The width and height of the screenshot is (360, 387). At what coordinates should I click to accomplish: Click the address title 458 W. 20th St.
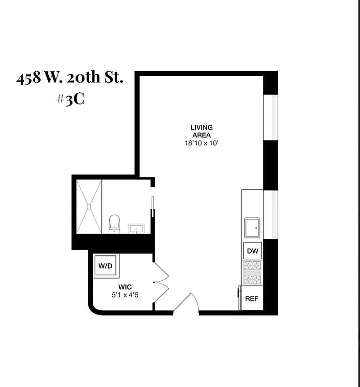pos(70,78)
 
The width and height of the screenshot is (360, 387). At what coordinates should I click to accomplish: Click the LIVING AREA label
pos(202,131)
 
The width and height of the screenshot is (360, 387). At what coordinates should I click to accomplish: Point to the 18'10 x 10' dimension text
pos(202,143)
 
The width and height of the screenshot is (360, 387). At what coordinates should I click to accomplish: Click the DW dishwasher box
pos(253,251)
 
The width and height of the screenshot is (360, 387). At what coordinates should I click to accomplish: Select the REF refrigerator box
pos(252,298)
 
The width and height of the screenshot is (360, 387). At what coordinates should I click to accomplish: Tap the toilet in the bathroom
pos(115,223)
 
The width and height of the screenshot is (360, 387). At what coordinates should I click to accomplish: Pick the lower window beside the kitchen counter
pos(270,215)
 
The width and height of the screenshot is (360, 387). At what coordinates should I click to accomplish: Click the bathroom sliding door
pos(153,206)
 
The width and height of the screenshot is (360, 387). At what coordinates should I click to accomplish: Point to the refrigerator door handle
pos(239,295)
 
